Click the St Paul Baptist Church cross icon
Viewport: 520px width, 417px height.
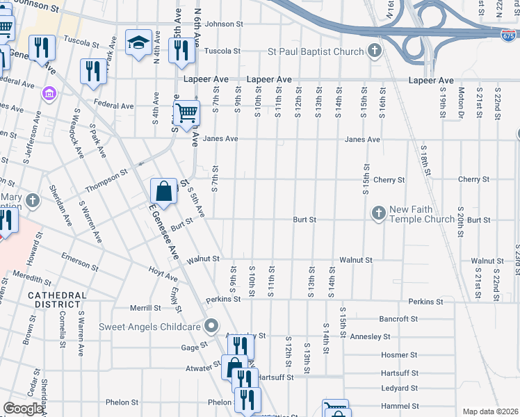(375, 51)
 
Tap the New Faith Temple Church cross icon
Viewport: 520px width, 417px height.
(379, 213)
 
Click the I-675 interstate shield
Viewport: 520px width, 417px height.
(508, 33)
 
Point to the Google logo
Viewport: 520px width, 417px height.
(23, 409)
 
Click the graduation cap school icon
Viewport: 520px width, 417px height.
(138, 42)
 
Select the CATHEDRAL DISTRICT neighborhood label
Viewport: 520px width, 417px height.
(58, 300)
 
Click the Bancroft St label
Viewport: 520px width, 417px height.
(398, 319)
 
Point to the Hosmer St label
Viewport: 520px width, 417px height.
(399, 354)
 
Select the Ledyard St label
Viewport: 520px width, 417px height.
(399, 389)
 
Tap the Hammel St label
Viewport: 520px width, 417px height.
(399, 406)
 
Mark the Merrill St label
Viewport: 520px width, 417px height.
(145, 308)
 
